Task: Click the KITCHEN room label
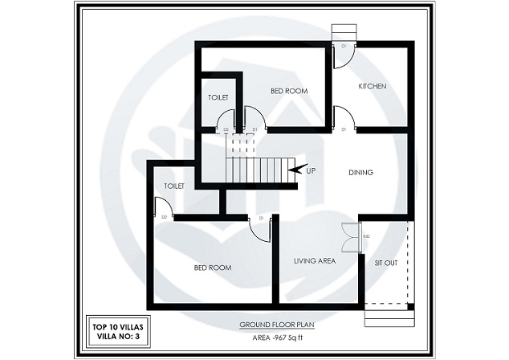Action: (x=373, y=86)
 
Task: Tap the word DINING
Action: (x=361, y=172)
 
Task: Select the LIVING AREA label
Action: (x=314, y=260)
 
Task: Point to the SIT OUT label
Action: (x=386, y=262)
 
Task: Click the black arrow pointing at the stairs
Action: (x=295, y=169)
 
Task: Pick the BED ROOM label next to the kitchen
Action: (x=289, y=92)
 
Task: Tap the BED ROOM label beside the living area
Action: (x=213, y=267)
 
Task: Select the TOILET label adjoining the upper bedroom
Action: (x=218, y=97)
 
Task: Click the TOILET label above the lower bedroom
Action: (x=175, y=186)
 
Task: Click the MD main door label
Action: (x=366, y=236)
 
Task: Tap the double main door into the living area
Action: (x=350, y=237)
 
